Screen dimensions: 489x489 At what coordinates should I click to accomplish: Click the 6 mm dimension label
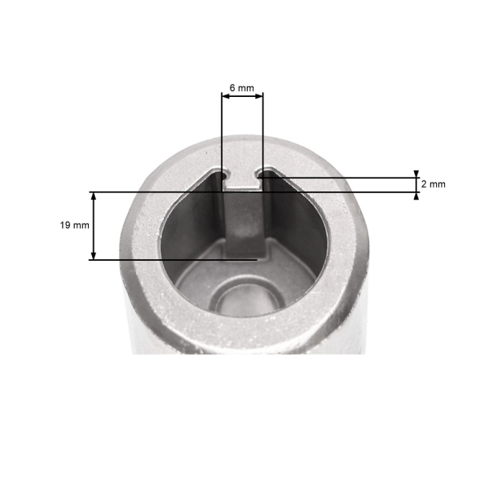pyautogui.click(x=242, y=88)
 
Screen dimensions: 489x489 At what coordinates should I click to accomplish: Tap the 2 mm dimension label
pyautogui.click(x=434, y=184)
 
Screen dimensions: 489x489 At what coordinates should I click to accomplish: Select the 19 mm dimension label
pyautogui.click(x=74, y=225)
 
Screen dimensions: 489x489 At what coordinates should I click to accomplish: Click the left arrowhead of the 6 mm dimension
pyautogui.click(x=225, y=96)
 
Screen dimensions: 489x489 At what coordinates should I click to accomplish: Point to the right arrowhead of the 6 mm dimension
pyautogui.click(x=259, y=96)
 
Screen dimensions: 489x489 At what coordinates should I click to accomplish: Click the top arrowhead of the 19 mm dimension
pyautogui.click(x=93, y=196)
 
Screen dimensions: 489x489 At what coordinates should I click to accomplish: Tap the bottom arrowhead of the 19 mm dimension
pyautogui.click(x=93, y=255)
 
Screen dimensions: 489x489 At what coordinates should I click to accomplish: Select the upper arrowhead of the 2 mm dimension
pyautogui.click(x=416, y=174)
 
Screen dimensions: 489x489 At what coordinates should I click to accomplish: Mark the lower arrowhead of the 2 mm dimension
pyautogui.click(x=416, y=196)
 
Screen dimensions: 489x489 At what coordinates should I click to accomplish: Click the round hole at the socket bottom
pyautogui.click(x=249, y=301)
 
